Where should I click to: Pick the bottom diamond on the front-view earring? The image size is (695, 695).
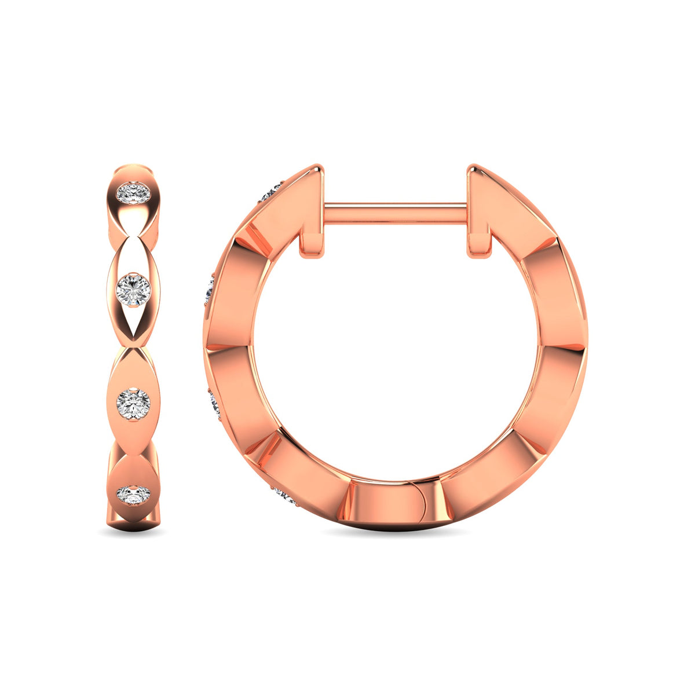coord(133,495)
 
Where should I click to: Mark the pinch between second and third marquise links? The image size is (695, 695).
coord(134,347)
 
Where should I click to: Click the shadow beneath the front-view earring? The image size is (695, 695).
coord(133,532)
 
